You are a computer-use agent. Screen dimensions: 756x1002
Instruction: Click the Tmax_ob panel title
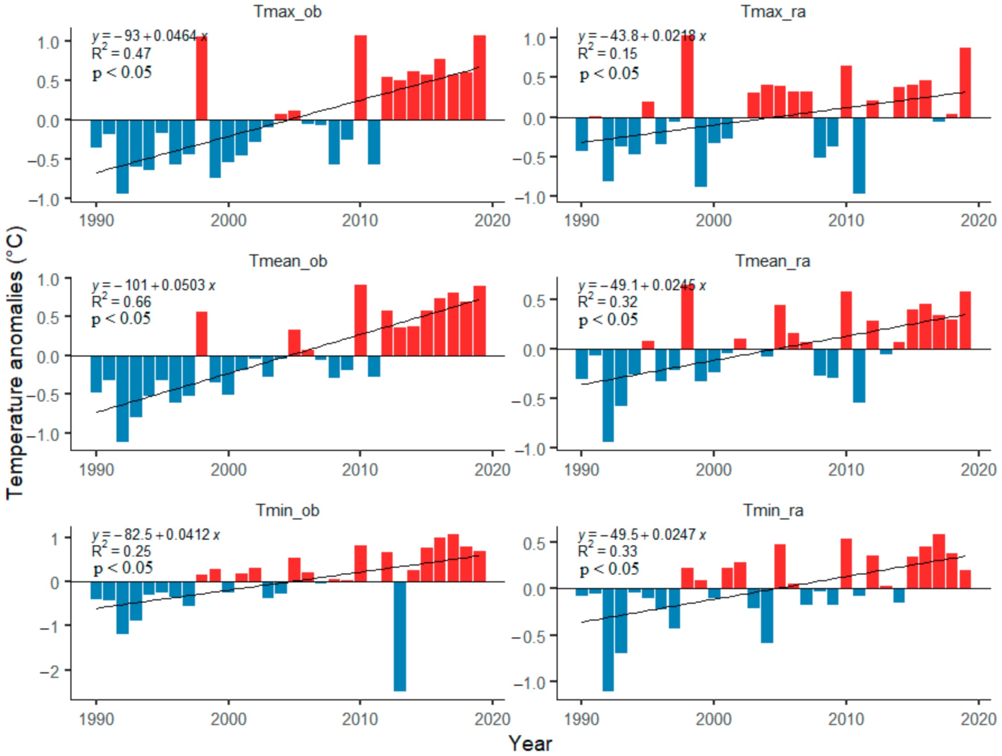coord(287,11)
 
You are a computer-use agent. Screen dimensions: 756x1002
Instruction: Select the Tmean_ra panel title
coord(773,261)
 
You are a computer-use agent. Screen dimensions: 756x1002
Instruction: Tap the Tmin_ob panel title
coord(287,511)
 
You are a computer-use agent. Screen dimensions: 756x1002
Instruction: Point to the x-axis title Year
coord(530,744)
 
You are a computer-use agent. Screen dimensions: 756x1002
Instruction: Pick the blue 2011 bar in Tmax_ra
coord(859,155)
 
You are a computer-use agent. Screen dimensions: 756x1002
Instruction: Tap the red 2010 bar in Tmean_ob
coord(360,320)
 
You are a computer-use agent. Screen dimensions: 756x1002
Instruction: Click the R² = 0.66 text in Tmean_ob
coord(122,302)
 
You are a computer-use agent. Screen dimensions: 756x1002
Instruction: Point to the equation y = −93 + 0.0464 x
coord(150,36)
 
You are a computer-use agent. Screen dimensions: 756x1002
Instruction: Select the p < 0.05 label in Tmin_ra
coord(609,569)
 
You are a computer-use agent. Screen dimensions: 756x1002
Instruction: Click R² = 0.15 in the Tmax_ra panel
coord(607,54)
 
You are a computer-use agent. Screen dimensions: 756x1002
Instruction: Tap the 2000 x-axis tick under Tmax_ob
coord(228,220)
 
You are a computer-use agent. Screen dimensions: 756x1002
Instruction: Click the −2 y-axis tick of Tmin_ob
coord(50,671)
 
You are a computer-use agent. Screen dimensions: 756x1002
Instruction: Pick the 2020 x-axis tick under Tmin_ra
coord(978,719)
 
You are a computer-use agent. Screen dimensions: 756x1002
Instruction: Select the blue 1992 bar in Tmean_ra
coord(608,395)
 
